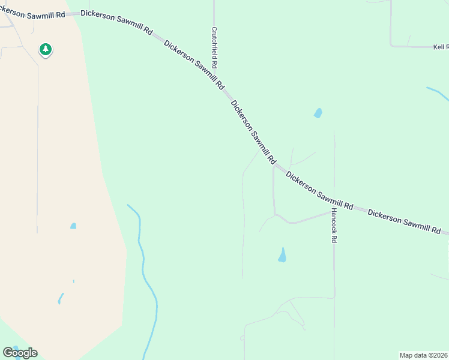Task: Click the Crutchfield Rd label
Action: pyautogui.click(x=214, y=47)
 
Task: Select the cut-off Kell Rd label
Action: pyautogui.click(x=441, y=46)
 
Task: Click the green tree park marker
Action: pyautogui.click(x=45, y=49)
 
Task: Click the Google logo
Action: pyautogui.click(x=20, y=353)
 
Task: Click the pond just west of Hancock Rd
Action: pyautogui.click(x=282, y=255)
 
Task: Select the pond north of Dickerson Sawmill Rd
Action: pyautogui.click(x=318, y=113)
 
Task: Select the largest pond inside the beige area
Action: pyautogui.click(x=73, y=226)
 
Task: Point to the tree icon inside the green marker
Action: pyautogui.click(x=45, y=48)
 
